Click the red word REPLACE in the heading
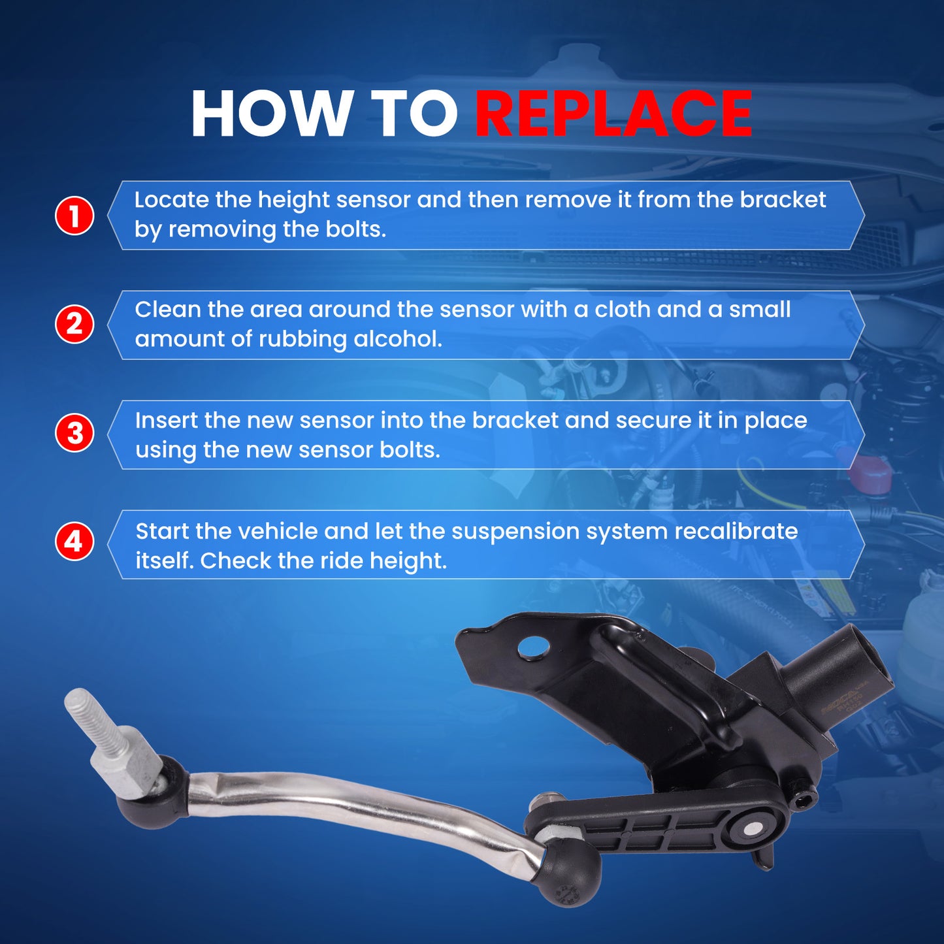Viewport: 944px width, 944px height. click(x=613, y=114)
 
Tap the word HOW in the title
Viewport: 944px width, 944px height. click(x=269, y=114)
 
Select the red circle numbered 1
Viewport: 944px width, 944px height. click(x=74, y=216)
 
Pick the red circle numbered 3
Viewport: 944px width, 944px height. click(x=74, y=433)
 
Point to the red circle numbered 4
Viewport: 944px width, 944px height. click(x=74, y=542)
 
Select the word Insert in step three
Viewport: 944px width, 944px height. click(x=166, y=420)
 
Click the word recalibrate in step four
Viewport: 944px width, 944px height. click(x=736, y=531)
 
